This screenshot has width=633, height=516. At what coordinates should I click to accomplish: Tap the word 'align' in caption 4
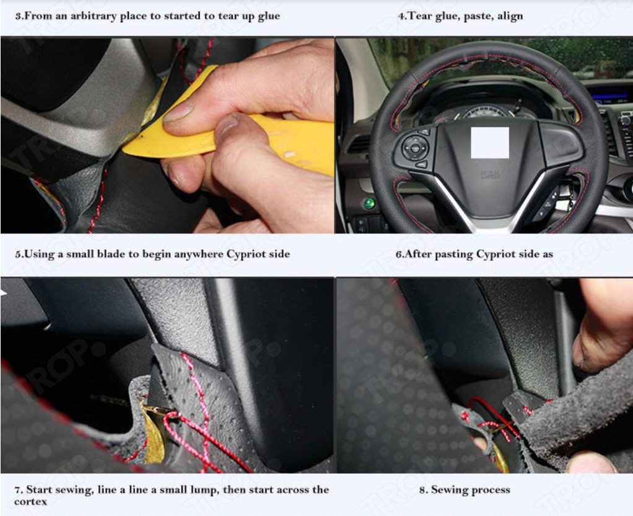pos(510,16)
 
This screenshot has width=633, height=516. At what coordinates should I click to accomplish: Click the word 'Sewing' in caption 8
pos(449,490)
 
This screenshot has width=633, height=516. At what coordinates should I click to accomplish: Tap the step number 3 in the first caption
pos(18,17)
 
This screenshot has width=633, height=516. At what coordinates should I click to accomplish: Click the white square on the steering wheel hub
pos(490,142)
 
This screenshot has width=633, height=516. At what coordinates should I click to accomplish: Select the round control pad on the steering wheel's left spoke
pos(415,147)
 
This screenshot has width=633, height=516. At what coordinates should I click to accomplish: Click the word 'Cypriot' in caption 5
pos(245,255)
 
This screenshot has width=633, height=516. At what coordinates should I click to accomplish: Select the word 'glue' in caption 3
pos(269,17)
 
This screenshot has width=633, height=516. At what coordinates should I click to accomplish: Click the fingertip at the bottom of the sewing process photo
pos(590,463)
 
